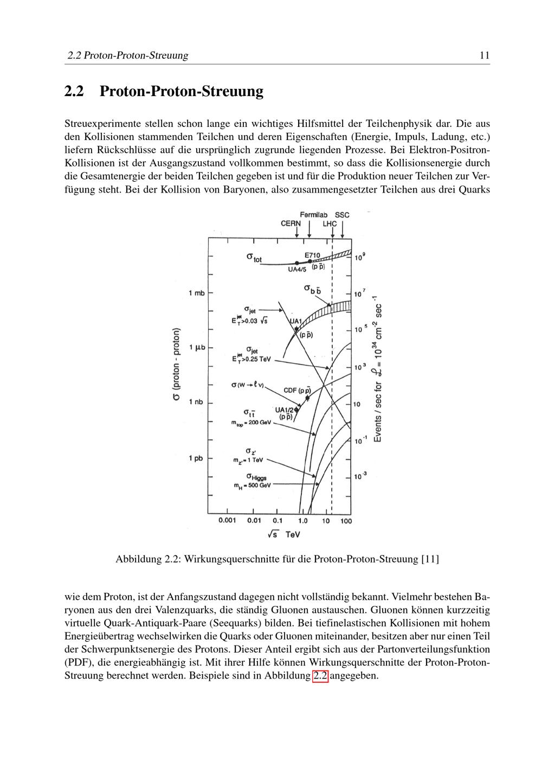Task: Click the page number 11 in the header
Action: pos(485,55)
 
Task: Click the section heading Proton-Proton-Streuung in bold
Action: pos(182,91)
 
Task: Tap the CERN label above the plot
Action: pos(291,223)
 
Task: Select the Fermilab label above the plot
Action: pos(314,215)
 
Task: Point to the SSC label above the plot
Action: pos(342,215)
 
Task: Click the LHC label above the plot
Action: pos(330,223)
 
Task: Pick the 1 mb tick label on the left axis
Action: pos(196,293)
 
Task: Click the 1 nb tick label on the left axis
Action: pos(196,402)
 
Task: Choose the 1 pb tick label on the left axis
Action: pos(196,458)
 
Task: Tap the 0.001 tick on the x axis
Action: pos(227,521)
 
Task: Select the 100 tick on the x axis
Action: pos(346,521)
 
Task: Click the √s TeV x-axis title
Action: pos(283,534)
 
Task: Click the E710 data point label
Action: pos(312,255)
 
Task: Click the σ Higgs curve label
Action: pos(256,477)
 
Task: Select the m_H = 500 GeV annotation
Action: pos(251,485)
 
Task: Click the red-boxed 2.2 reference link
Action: pos(320,676)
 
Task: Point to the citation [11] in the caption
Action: pos(430,559)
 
